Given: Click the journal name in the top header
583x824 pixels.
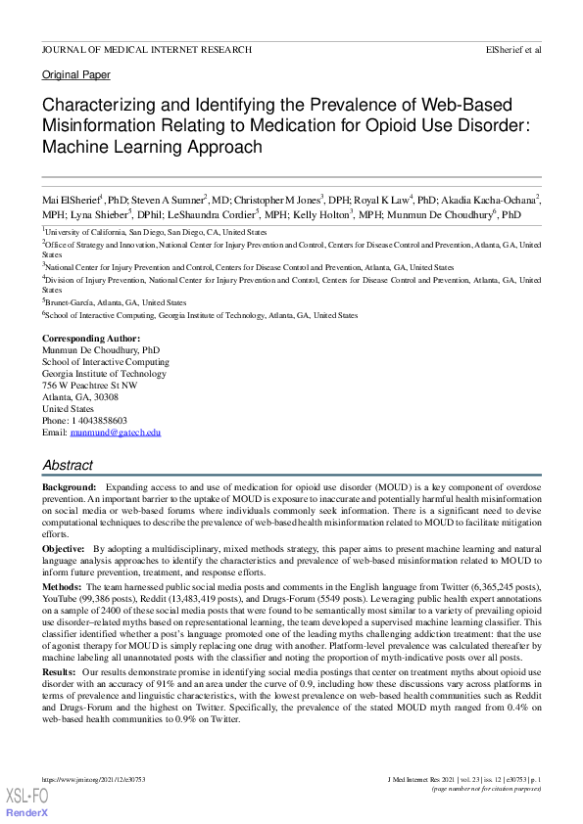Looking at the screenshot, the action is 146,49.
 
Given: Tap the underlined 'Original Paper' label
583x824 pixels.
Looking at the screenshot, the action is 76,74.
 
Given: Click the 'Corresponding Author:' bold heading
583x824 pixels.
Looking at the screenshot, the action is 84,339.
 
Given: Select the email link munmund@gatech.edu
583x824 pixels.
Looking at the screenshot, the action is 115,432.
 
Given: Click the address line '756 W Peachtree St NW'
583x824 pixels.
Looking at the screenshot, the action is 89,385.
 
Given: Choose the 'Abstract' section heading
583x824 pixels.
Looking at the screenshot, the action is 68,466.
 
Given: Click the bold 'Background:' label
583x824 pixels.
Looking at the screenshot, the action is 69,486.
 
